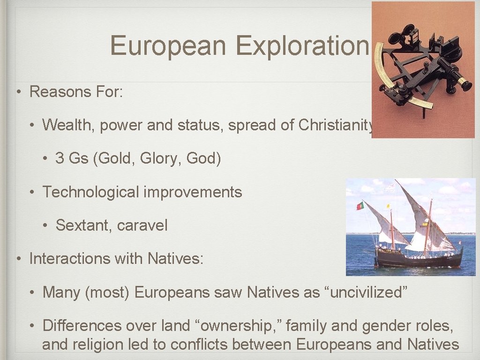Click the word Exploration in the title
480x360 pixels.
click(x=302, y=46)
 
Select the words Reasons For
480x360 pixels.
click(x=76, y=91)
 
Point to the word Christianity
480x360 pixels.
click(x=336, y=125)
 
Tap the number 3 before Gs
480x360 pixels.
click(x=60, y=158)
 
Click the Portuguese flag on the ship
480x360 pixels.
click(x=360, y=205)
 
